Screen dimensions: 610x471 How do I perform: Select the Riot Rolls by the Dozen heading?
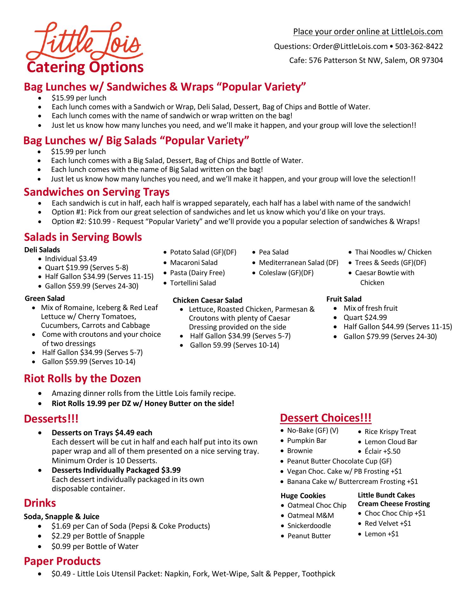(83, 378)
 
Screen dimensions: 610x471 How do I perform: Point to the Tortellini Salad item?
(193, 283)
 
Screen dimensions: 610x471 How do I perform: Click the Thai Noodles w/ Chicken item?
(393, 252)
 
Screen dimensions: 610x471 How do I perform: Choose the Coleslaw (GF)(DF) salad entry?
(286, 273)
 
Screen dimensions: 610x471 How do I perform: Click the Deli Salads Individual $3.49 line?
(71, 259)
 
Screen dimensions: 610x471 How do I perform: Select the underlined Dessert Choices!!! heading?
(326, 418)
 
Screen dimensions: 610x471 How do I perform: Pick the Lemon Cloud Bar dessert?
(391, 442)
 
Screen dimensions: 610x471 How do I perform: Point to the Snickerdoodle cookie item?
(309, 525)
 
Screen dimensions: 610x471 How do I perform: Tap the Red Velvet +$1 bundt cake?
(388, 523)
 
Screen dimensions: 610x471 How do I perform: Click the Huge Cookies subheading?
(303, 496)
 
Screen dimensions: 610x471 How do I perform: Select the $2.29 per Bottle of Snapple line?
(98, 536)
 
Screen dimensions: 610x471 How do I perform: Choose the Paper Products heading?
(62, 561)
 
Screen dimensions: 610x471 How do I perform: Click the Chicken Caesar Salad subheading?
(207, 300)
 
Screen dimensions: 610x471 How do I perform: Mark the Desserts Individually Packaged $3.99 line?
(116, 470)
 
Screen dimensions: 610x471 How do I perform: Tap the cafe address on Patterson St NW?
(366, 60)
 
